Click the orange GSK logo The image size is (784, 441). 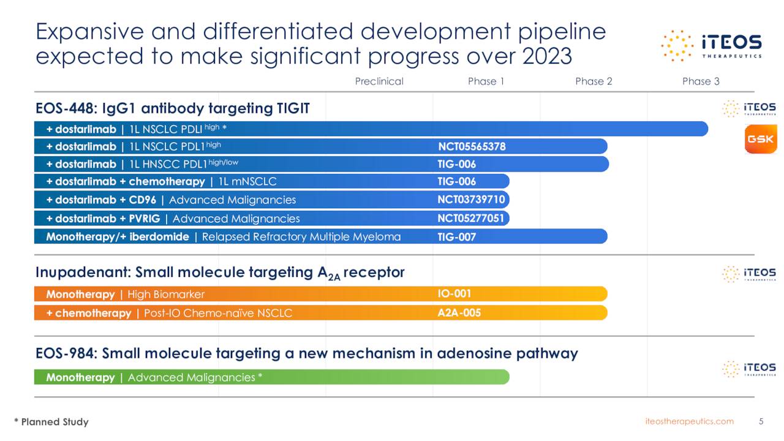[760, 139]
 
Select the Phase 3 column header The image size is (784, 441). [701, 81]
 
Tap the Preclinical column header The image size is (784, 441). [379, 81]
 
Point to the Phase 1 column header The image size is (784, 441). [486, 81]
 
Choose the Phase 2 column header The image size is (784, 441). [594, 81]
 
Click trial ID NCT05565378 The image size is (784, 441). [472, 146]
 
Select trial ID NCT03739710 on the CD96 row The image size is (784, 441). [471, 200]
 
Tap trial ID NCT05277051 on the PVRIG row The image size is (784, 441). [471, 218]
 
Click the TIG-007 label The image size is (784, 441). [456, 236]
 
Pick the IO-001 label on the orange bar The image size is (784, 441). [454, 294]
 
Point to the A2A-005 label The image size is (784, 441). [459, 313]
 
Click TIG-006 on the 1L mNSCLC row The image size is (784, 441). [456, 181]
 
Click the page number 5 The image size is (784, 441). [761, 421]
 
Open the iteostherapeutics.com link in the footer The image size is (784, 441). [689, 421]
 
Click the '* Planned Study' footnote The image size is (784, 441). [51, 422]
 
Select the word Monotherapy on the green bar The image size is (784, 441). [80, 377]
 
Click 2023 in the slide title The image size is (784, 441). [547, 56]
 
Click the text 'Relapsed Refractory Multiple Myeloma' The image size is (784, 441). [301, 236]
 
